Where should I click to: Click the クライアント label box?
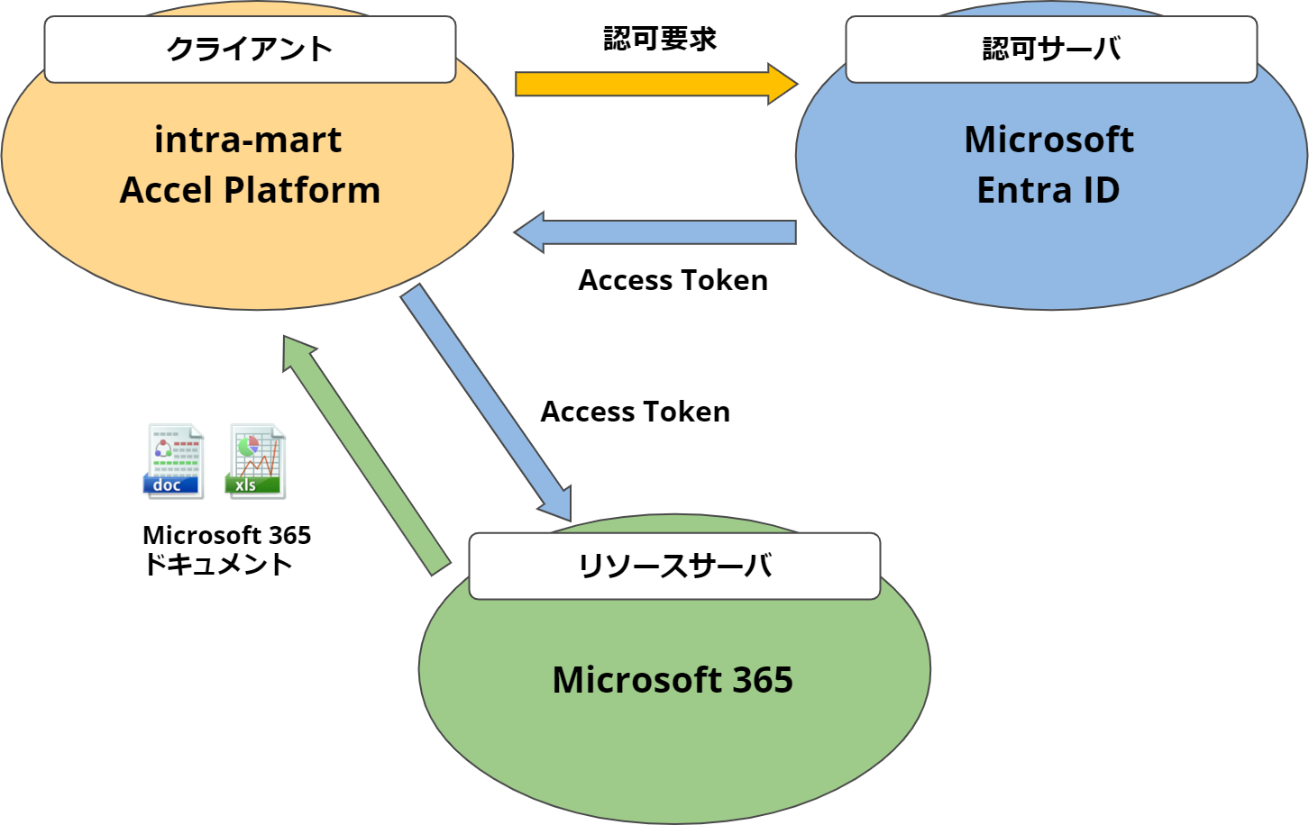(x=250, y=50)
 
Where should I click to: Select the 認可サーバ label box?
(x=1051, y=50)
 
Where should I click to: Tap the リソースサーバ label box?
(x=674, y=566)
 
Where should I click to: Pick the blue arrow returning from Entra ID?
(x=667, y=231)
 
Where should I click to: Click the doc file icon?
(x=174, y=460)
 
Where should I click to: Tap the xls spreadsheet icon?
(x=256, y=460)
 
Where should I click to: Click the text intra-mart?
(x=248, y=140)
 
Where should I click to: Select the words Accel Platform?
(x=250, y=190)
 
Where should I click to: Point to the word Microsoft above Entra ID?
(x=1049, y=140)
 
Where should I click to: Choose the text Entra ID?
(x=1048, y=190)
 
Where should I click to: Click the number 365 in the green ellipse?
(x=763, y=680)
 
